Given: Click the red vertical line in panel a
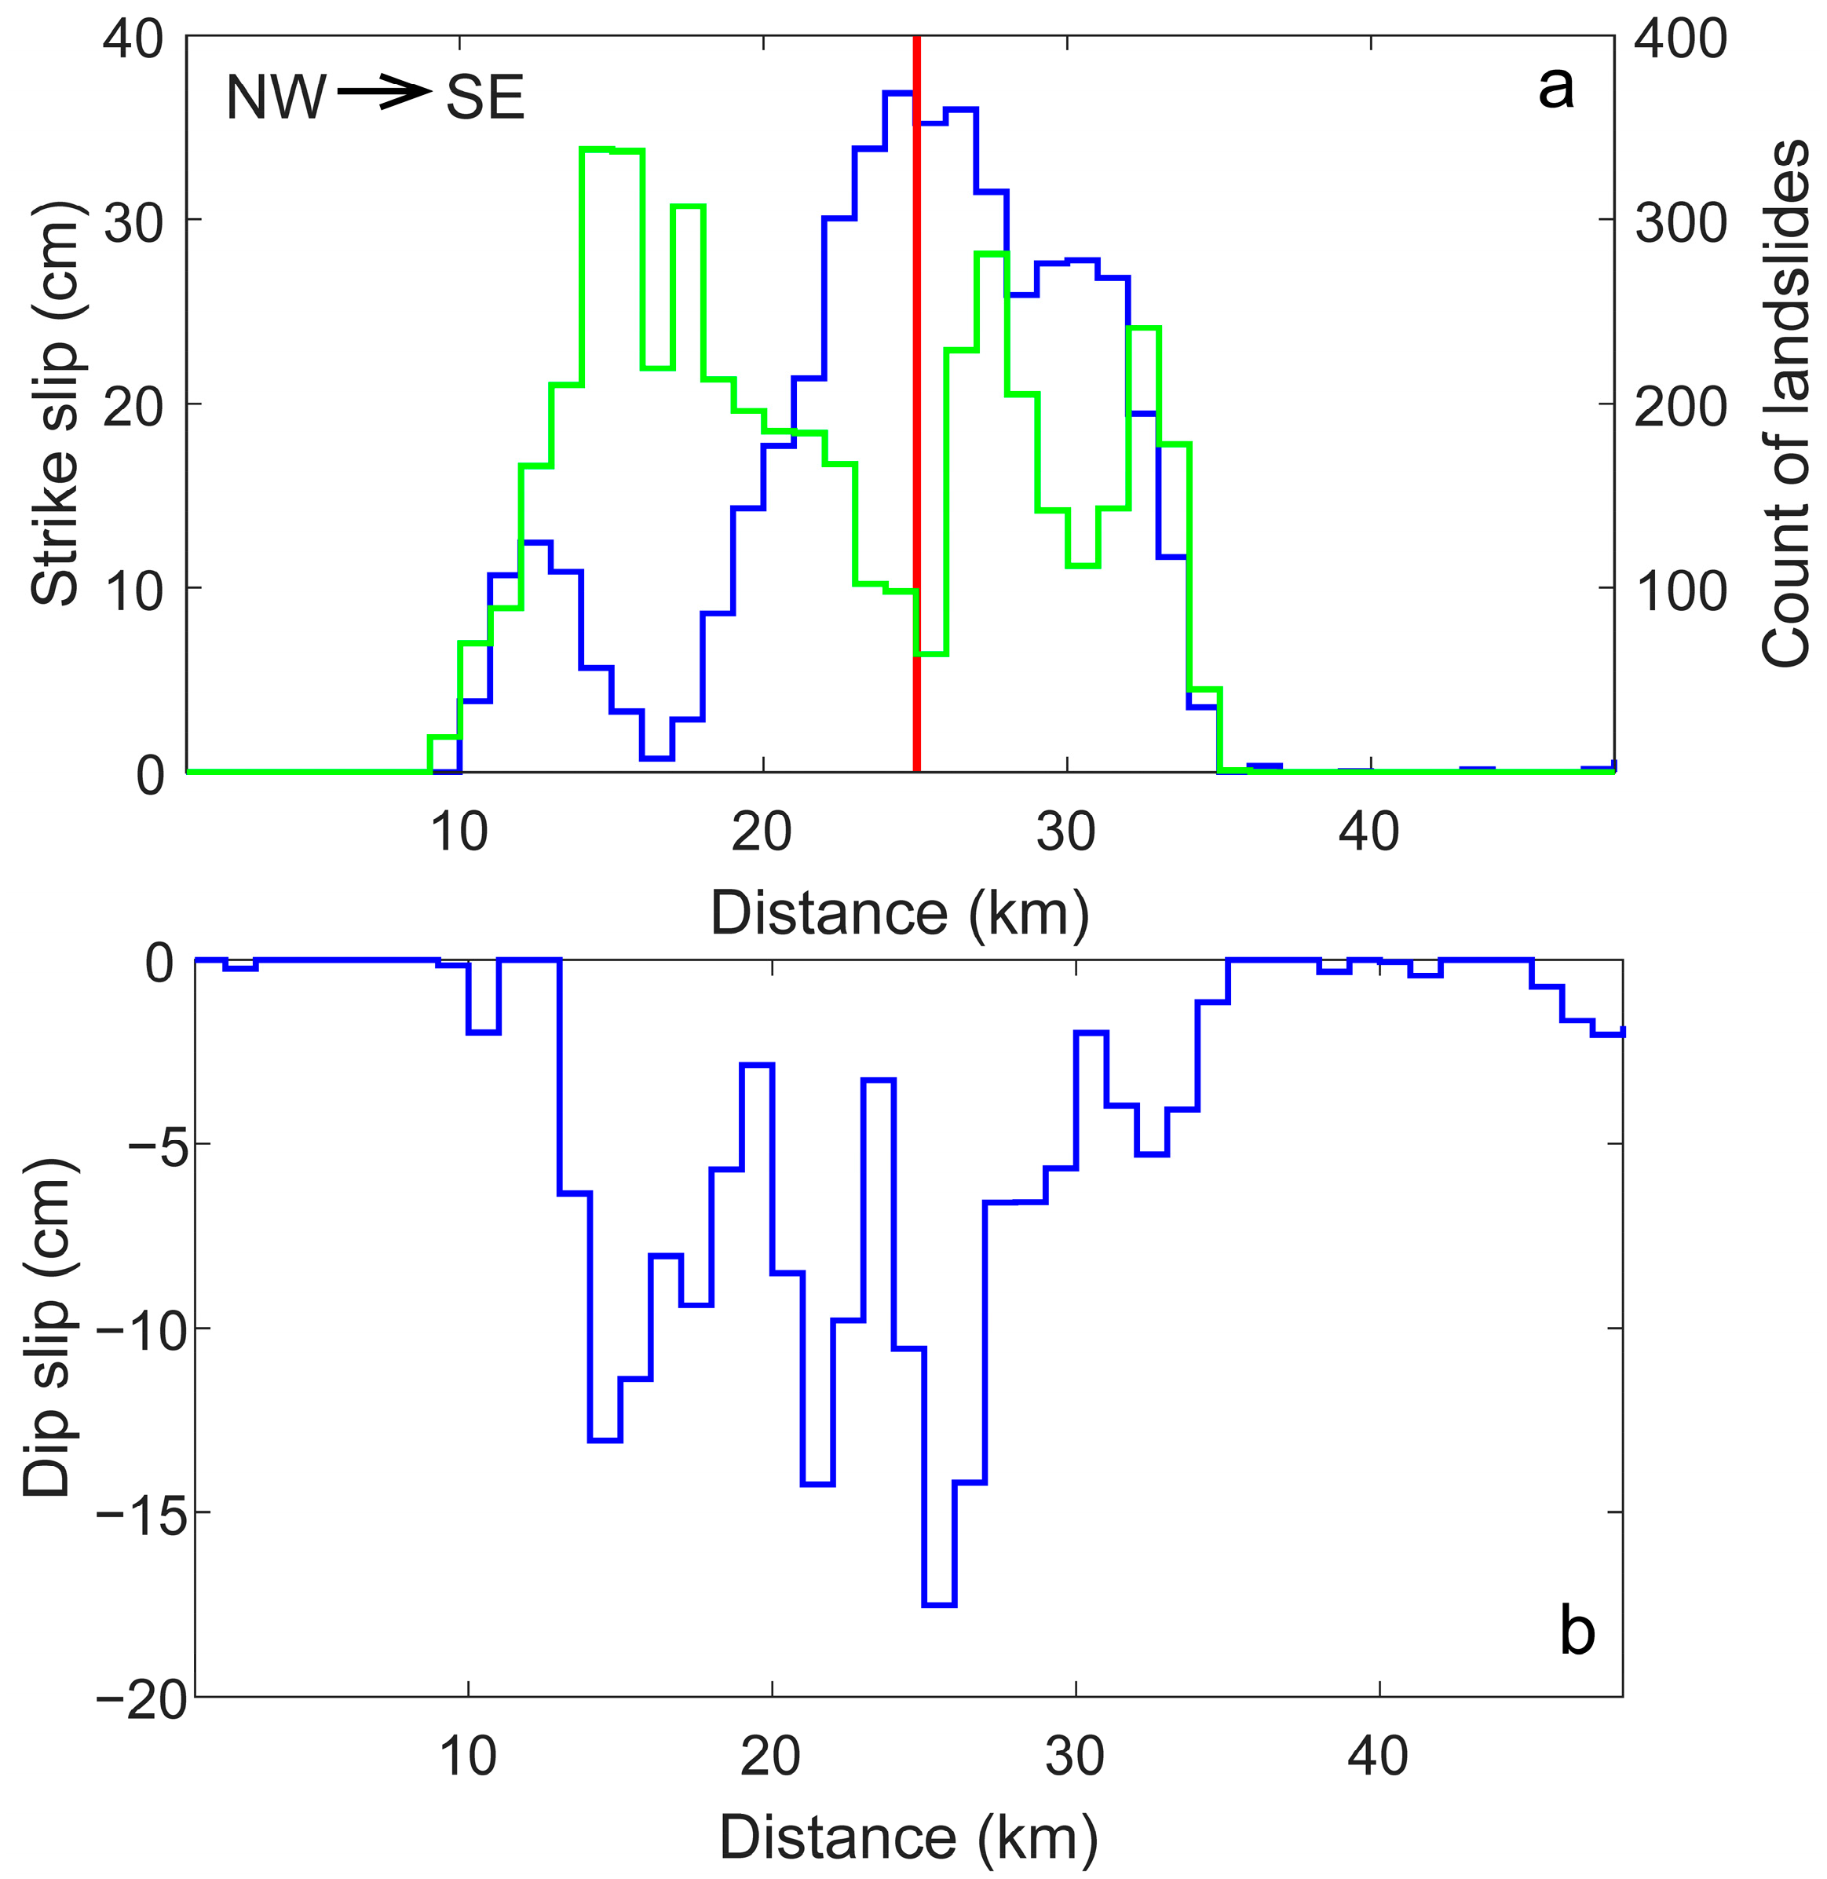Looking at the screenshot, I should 916,403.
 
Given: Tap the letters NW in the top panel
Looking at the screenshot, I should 276,97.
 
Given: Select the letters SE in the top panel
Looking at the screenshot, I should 485,97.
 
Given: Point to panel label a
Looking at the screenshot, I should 1555,88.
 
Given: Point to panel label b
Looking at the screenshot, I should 1577,1630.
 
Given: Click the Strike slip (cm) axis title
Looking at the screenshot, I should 55,403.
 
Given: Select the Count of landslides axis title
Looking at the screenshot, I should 1785,403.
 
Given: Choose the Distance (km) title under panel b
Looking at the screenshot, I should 908,1837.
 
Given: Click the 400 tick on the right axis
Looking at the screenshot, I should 1680,40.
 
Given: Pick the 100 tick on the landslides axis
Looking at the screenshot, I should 1680,589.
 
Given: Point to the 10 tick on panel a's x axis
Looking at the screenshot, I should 459,832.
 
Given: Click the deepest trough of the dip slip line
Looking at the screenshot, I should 938,1603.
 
